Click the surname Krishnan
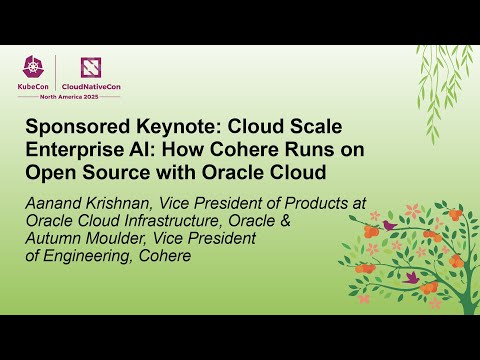point(116,202)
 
